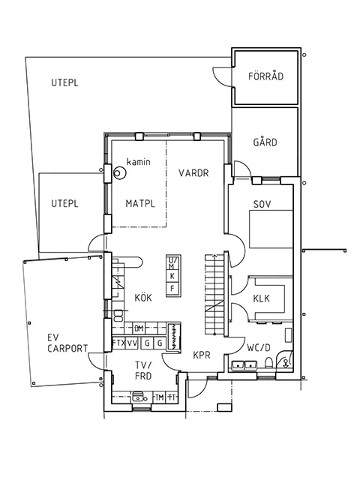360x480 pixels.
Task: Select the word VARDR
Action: (193, 173)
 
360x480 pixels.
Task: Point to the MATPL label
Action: (140, 203)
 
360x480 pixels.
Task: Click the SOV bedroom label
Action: (262, 203)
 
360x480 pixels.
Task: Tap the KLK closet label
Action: (262, 298)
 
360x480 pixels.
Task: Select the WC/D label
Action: (258, 347)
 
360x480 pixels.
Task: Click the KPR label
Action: (201, 355)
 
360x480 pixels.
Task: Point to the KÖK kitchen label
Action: (143, 298)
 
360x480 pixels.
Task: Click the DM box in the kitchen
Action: (139, 328)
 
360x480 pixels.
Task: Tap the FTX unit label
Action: (118, 343)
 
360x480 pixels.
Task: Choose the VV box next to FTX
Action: (132, 343)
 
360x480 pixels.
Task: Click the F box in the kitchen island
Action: (172, 288)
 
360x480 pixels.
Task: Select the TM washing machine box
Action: (159, 397)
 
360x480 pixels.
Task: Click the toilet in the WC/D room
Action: (286, 363)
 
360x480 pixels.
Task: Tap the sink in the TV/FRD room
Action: (137, 398)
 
